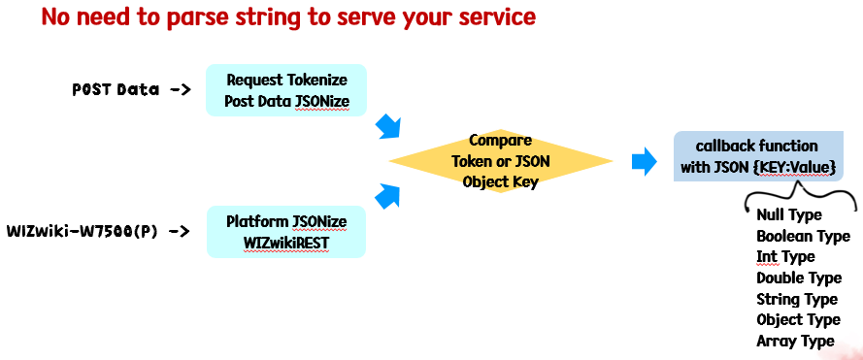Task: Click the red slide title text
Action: click(x=288, y=17)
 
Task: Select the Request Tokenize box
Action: click(x=286, y=90)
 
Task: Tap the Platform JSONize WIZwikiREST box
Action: click(x=286, y=232)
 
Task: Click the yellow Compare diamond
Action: click(x=501, y=161)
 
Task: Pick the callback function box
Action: click(x=758, y=156)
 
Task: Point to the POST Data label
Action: click(x=116, y=89)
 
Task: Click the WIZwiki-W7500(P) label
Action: click(x=82, y=231)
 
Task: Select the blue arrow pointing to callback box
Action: click(x=644, y=162)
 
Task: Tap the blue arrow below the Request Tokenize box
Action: click(x=387, y=128)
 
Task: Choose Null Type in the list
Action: click(x=788, y=214)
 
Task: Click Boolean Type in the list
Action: click(x=803, y=236)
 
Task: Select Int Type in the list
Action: click(x=785, y=257)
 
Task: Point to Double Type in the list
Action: click(x=799, y=278)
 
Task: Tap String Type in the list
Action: click(x=796, y=300)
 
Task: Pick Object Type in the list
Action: click(x=798, y=320)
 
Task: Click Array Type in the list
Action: click(x=795, y=342)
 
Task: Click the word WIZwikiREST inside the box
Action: click(x=286, y=243)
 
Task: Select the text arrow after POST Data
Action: click(x=181, y=89)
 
